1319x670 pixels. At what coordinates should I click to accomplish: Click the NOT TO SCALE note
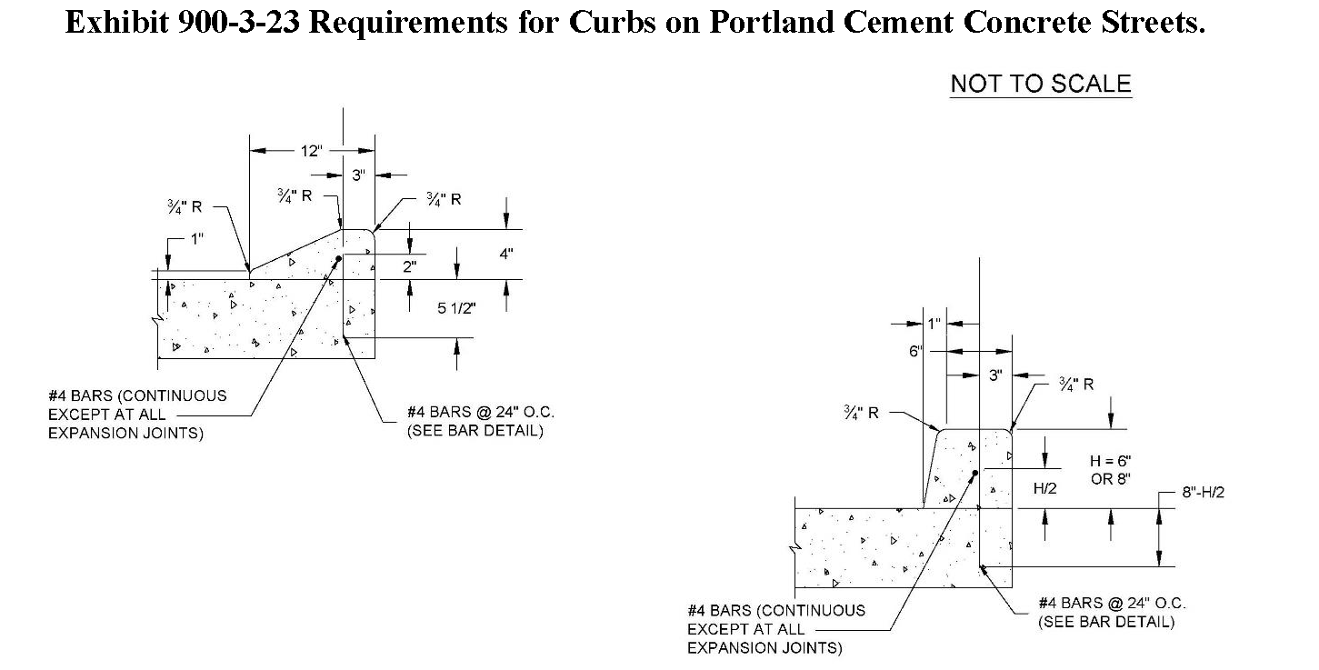[1040, 85]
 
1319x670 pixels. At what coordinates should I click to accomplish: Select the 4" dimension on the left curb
[506, 255]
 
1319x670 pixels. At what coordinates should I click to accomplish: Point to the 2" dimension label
[410, 267]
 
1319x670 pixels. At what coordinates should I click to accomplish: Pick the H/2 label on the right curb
[1045, 488]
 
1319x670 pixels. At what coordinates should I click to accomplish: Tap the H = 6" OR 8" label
[1110, 470]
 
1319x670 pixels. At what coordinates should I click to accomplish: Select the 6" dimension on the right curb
[914, 352]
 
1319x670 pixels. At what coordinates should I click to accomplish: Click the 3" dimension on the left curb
[358, 175]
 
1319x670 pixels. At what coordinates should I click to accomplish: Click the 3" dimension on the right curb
[995, 375]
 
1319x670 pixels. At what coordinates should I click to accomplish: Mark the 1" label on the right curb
[934, 323]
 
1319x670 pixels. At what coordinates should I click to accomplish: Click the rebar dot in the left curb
[338, 259]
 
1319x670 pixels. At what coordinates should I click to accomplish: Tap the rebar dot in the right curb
[974, 474]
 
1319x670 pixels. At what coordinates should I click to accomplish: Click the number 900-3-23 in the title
[232, 23]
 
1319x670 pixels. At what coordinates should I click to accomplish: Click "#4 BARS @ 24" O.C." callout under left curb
[481, 413]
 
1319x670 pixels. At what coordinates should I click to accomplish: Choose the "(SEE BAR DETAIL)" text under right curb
[1106, 623]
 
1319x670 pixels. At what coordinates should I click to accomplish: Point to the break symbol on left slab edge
[159, 319]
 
